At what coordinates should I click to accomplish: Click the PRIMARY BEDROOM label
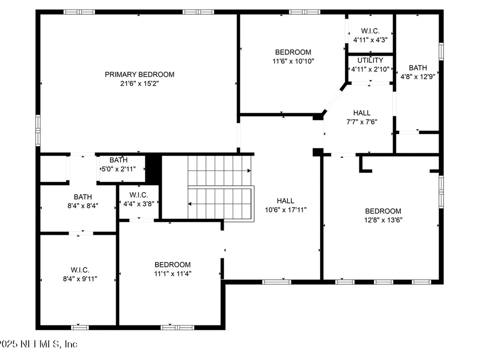point(139,74)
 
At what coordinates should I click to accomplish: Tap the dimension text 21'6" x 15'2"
point(139,83)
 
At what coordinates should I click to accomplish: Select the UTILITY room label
point(370,60)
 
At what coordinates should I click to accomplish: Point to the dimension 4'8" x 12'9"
point(418,76)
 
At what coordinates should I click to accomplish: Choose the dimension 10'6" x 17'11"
point(285,210)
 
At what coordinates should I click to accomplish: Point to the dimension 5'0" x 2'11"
point(119,169)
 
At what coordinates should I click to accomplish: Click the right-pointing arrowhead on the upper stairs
point(249,170)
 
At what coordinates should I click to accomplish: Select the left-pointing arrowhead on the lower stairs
point(190,204)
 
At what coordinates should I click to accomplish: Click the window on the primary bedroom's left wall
point(38,130)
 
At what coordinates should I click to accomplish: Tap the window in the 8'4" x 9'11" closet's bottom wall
point(80,327)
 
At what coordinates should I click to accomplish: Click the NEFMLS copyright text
point(38,344)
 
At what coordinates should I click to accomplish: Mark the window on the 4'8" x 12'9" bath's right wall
point(441,51)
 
